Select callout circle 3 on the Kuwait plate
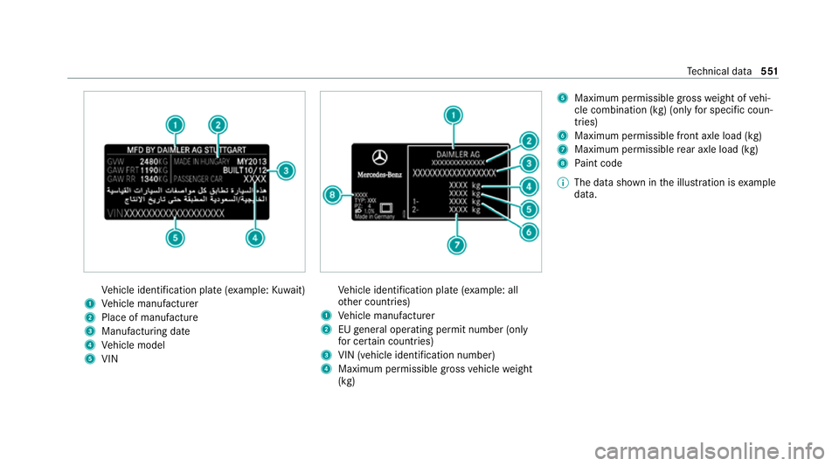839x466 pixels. (284, 170)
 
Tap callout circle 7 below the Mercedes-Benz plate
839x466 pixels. (455, 246)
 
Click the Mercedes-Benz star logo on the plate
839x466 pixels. (379, 159)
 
